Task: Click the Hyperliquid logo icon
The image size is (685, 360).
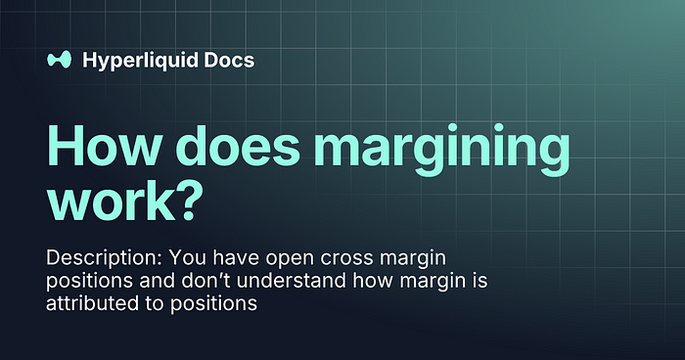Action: click(59, 60)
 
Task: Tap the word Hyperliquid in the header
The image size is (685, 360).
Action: click(139, 61)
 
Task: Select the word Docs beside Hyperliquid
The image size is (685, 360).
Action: click(229, 60)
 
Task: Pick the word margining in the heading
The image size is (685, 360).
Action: click(441, 150)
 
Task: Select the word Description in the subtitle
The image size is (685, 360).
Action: click(104, 258)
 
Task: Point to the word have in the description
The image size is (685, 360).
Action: click(237, 257)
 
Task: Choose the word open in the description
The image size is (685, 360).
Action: click(290, 259)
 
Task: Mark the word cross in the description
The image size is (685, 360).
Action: click(346, 259)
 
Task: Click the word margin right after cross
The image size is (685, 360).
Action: click(412, 259)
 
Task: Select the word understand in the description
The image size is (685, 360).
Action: click(292, 280)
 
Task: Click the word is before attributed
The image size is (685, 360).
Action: click(479, 280)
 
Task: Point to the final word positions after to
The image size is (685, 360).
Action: click(213, 304)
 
